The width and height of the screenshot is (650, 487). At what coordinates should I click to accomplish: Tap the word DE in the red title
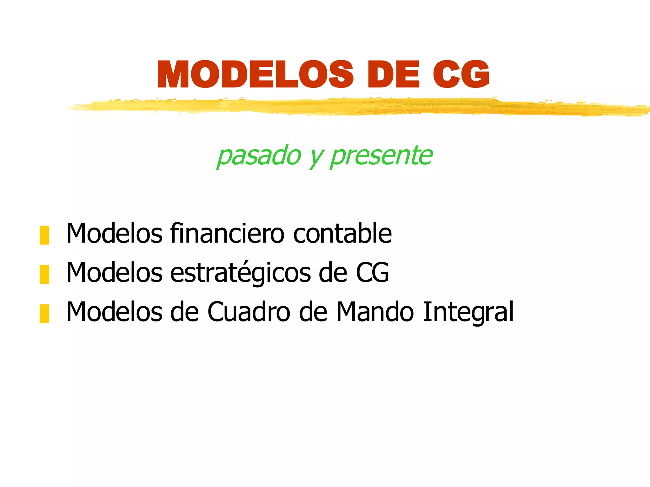[394, 75]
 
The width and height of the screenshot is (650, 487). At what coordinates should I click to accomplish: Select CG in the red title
[461, 75]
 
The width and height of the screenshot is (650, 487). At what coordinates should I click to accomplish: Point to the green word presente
[381, 156]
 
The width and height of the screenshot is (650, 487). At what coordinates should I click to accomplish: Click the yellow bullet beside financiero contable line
[44, 235]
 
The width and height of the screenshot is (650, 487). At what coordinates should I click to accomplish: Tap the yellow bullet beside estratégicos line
[44, 274]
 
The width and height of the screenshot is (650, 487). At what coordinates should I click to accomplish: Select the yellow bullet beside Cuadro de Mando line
[44, 313]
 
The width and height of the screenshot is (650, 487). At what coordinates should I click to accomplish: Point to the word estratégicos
[241, 273]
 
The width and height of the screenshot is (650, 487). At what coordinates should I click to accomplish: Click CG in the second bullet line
[372, 273]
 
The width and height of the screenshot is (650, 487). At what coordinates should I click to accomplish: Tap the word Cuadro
[249, 312]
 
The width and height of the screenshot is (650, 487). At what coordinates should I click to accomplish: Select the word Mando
[375, 312]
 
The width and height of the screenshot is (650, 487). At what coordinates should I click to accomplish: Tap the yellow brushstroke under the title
[349, 107]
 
